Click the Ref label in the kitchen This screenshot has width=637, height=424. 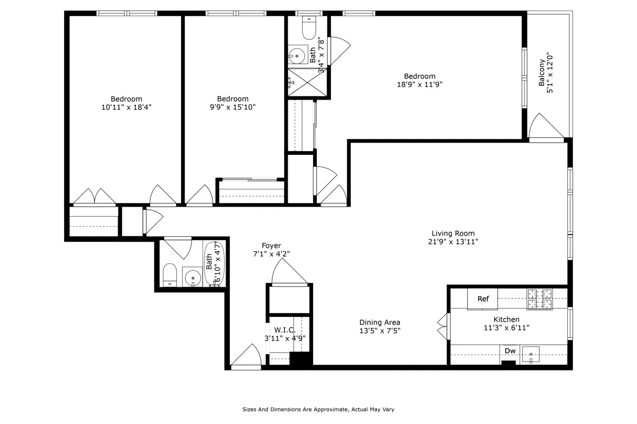[483, 299]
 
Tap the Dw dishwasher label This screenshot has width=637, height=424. [510, 351]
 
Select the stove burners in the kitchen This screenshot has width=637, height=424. [539, 299]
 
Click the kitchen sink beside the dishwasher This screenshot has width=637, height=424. [531, 354]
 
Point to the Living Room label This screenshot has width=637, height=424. [453, 233]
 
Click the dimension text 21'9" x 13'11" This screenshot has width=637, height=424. [453, 242]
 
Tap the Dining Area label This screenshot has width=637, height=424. [380, 322]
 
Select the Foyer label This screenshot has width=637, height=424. [271, 245]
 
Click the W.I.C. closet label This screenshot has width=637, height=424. [285, 330]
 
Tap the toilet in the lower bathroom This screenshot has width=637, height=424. [170, 274]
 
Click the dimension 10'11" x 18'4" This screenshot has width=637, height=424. [126, 107]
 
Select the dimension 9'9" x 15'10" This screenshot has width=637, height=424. [233, 107]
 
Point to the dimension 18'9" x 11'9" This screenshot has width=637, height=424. [419, 84]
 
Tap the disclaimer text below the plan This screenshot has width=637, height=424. [318, 410]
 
